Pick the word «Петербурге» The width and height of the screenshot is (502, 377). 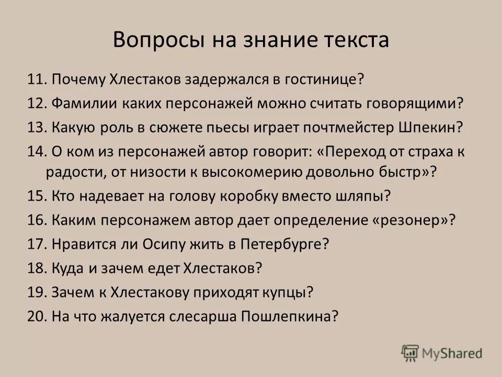pos(283,243)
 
